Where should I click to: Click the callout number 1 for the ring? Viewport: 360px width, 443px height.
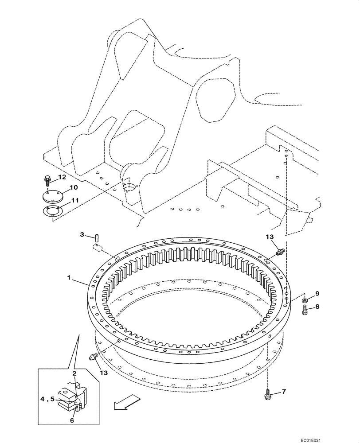click(69, 277)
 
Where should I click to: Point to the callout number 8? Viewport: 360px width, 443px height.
click(317, 306)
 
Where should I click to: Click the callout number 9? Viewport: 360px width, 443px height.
click(317, 293)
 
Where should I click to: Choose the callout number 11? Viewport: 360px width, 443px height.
click(75, 200)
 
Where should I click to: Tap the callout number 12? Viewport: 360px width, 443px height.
click(62, 177)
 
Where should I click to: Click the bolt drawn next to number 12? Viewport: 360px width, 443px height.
click(47, 180)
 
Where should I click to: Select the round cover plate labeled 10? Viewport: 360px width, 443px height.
click(53, 195)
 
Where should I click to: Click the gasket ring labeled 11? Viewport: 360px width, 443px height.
click(53, 212)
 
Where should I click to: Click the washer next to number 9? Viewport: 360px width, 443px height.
click(306, 301)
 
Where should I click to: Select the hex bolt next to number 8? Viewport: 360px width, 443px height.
click(305, 311)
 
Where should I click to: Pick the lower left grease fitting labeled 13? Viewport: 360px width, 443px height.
click(94, 356)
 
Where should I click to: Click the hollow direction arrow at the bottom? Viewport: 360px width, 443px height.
click(124, 403)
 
